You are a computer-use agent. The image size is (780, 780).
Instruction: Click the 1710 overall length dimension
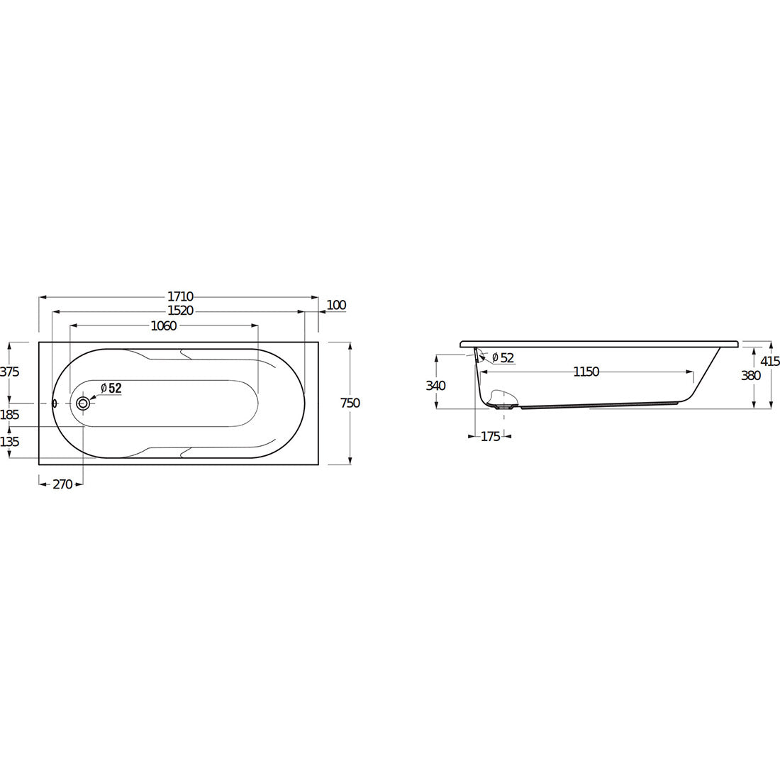180,297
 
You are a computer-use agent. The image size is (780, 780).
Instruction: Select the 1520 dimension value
180,311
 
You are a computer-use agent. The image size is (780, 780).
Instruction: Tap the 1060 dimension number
164,326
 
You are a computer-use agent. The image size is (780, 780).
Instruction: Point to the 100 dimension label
337,305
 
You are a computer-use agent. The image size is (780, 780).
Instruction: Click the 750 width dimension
350,403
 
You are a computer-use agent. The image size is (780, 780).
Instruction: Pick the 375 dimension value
9,371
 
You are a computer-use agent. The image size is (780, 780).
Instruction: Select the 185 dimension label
9,414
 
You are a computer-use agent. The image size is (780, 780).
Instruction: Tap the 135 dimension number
9,441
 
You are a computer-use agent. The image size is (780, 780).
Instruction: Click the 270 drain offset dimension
62,484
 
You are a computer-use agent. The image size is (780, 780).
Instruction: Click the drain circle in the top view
83,403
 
